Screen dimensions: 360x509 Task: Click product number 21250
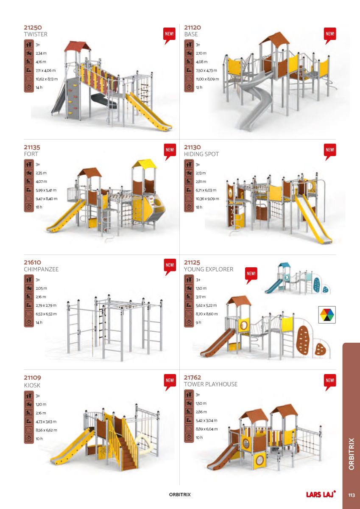pyautogui.click(x=33, y=28)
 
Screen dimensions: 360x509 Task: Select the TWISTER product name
pyautogui.click(x=36, y=34)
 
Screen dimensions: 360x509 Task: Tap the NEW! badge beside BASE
pyautogui.click(x=330, y=36)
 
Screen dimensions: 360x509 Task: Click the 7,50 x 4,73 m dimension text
pyautogui.click(x=206, y=70)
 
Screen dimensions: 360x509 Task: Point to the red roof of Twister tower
pyautogui.click(x=78, y=46)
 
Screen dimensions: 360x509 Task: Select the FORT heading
pyautogui.click(x=31, y=154)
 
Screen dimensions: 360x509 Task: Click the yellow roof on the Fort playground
pyautogui.click(x=145, y=164)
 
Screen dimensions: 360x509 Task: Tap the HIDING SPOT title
pyautogui.click(x=201, y=154)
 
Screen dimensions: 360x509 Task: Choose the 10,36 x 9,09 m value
pyautogui.click(x=207, y=199)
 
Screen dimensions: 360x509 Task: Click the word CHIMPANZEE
pyautogui.click(x=41, y=269)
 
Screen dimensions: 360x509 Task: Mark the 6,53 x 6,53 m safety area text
pyautogui.click(x=46, y=314)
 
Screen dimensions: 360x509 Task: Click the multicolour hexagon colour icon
pyautogui.click(x=327, y=315)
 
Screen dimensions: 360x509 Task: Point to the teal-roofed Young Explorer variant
pyautogui.click(x=298, y=279)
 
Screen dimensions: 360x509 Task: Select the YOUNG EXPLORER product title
pyautogui.click(x=209, y=269)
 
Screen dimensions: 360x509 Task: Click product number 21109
pyautogui.click(x=33, y=378)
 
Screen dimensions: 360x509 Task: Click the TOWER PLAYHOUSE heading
pyautogui.click(x=211, y=384)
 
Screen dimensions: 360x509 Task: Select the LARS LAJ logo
pyautogui.click(x=321, y=494)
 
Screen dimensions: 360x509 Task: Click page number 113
pyautogui.click(x=352, y=495)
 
